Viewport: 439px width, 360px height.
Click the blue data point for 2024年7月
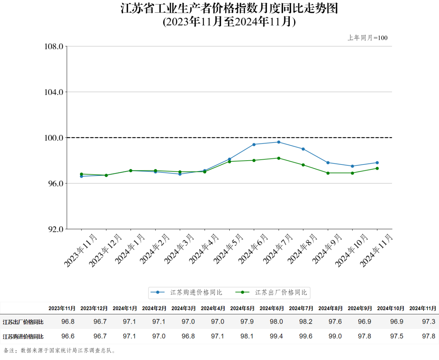pyautogui.click(x=279, y=142)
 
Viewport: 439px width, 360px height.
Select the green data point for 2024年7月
pyautogui.click(x=279, y=158)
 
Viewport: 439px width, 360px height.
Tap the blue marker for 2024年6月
pyautogui.click(x=254, y=144)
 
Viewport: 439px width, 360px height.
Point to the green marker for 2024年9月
pyautogui.click(x=328, y=173)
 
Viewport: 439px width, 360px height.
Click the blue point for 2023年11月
pyautogui.click(x=81, y=176)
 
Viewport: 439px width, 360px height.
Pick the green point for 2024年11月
pyautogui.click(x=377, y=169)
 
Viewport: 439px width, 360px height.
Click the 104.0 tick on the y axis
pyautogui.click(x=54, y=92)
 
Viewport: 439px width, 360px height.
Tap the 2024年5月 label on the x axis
pyautogui.click(x=228, y=249)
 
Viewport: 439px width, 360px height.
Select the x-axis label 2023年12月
pyautogui.click(x=105, y=251)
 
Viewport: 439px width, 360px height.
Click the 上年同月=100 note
pyautogui.click(x=368, y=38)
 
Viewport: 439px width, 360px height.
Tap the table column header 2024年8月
pyautogui.click(x=330, y=308)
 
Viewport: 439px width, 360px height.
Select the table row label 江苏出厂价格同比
pyautogui.click(x=23, y=322)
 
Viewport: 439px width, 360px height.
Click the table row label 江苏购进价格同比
pyautogui.click(x=23, y=337)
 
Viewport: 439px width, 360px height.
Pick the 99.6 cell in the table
pyautogui.click(x=306, y=336)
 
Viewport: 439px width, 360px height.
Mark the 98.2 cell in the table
pyautogui.click(x=306, y=322)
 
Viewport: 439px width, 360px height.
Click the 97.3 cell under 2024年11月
pyautogui.click(x=428, y=322)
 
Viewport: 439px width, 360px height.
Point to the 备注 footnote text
pyautogui.click(x=59, y=351)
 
